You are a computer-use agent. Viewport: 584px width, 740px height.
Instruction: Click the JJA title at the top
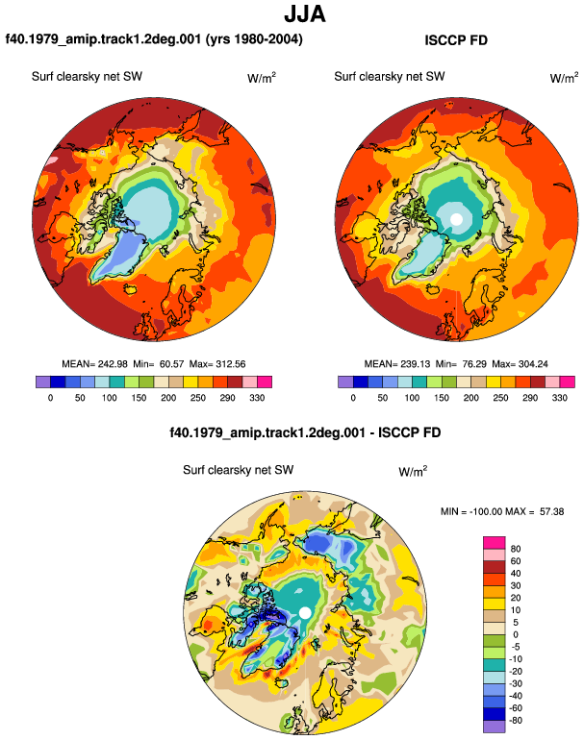click(305, 14)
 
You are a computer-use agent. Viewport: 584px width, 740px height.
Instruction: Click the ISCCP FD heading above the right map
click(456, 40)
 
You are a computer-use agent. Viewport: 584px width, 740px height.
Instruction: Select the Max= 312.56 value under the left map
click(217, 364)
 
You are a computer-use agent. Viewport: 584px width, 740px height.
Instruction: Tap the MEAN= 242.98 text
click(94, 364)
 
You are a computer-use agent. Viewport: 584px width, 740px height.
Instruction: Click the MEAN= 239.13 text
click(397, 364)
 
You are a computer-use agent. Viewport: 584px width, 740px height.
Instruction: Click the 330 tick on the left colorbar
click(257, 398)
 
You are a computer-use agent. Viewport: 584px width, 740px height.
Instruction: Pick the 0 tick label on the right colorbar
click(353, 398)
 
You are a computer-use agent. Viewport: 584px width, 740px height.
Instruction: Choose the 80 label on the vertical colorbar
click(516, 549)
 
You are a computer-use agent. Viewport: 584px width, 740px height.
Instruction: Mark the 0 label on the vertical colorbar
click(516, 634)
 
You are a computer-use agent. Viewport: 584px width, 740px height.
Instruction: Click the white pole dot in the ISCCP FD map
click(456, 219)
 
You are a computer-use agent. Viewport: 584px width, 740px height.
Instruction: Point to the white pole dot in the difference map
click(305, 612)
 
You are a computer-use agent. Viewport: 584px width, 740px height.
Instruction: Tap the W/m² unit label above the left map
click(262, 78)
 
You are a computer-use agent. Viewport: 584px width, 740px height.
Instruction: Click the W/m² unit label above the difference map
click(413, 471)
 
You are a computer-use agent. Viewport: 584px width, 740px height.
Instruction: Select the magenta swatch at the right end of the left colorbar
click(265, 382)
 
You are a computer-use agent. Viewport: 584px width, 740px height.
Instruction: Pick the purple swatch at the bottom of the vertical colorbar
click(495, 727)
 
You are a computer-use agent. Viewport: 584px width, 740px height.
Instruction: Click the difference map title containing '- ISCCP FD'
click(305, 432)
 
